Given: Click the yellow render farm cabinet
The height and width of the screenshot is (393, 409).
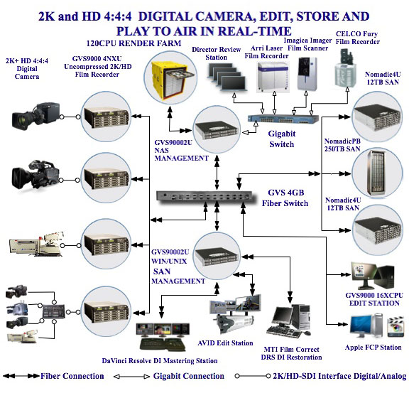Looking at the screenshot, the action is pos(170,80).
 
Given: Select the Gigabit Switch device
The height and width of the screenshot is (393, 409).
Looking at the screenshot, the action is pos(283,119).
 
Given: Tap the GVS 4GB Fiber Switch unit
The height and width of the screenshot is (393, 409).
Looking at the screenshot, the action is pos(204,196).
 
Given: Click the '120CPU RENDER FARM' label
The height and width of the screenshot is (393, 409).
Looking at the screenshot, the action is pos(133,43).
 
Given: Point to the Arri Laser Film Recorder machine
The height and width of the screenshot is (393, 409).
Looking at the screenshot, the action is pos(273,77).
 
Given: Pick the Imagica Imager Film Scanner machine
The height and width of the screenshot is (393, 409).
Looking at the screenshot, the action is pos(307,74).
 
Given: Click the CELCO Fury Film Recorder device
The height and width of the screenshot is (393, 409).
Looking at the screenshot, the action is pos(345,68).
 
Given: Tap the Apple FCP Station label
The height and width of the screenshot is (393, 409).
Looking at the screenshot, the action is pos(373,348).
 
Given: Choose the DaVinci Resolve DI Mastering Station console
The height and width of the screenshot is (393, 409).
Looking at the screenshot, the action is pos(163,337).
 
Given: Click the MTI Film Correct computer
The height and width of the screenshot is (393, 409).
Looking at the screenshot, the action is pos(289,321).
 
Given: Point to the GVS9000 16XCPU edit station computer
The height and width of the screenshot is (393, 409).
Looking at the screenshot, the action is pos(373,276).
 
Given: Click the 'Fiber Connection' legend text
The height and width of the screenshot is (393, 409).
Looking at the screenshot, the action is pos(72,376).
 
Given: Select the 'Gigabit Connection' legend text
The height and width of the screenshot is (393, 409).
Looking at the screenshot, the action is pos(189,376).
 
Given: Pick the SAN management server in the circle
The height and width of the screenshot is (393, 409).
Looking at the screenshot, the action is pos(217,257).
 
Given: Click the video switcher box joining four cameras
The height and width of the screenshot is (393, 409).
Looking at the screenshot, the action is pos(54,311).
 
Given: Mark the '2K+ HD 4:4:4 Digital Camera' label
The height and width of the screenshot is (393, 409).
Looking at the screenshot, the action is pos(27,69).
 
